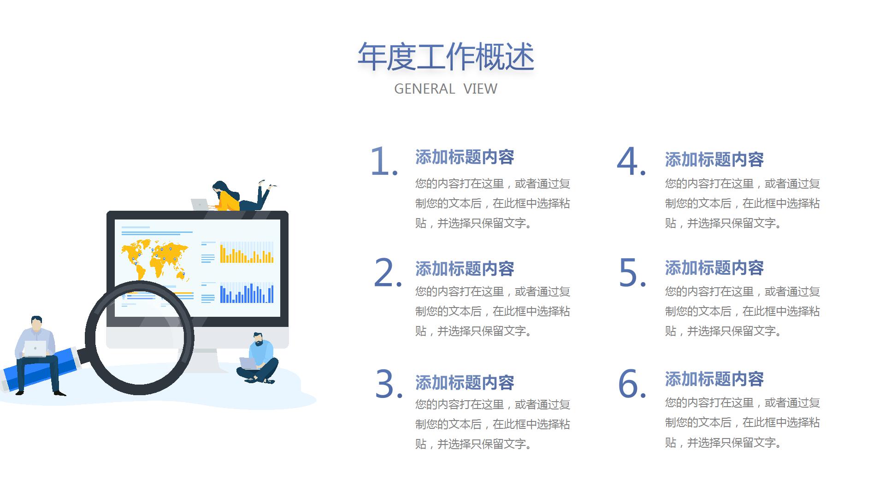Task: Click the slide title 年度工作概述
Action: pos(446,57)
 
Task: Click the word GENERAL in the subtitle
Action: pos(425,89)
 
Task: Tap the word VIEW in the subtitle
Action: pos(480,89)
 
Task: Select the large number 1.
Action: pos(384,161)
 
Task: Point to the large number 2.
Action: pos(388,273)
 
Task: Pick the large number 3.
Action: pos(389,384)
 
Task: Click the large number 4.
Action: pos(631,161)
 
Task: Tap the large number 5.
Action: pos(632,273)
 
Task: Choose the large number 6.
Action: pos(632,384)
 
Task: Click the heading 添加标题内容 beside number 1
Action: pos(465,157)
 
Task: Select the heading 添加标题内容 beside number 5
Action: pos(714,268)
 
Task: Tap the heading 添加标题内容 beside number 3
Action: pos(465,383)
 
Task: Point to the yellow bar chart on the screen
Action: pos(247,252)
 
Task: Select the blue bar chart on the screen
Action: pos(247,292)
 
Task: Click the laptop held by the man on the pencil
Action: pos(35,349)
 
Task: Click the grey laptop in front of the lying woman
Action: pos(200,205)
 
